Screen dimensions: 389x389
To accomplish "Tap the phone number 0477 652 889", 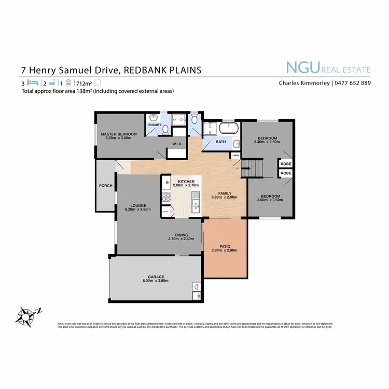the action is tap(352, 83).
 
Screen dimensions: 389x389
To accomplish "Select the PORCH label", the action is tap(106, 185).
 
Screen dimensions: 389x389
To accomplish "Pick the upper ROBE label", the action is tap(286, 163).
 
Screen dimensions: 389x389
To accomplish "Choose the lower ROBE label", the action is tap(286, 174).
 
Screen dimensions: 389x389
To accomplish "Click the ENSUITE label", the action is tap(155, 125).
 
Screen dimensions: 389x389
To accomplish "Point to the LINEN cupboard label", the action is tap(235, 155).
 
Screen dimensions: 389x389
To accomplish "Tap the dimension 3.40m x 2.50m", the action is tap(267, 142).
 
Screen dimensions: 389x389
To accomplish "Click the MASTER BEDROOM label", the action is tap(119, 134).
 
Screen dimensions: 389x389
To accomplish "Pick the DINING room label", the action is tap(181, 235).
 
